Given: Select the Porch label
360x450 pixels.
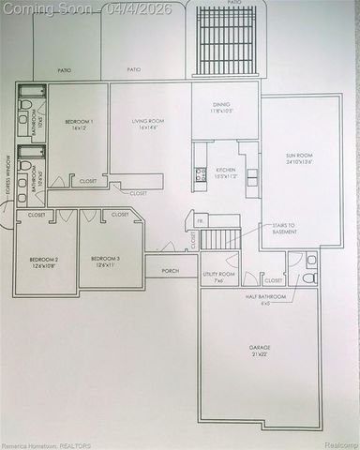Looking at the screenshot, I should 171,271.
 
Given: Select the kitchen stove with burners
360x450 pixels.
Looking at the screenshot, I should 198,172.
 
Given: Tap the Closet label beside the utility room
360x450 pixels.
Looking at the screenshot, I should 274,279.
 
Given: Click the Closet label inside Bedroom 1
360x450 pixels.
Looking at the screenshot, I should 88,181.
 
